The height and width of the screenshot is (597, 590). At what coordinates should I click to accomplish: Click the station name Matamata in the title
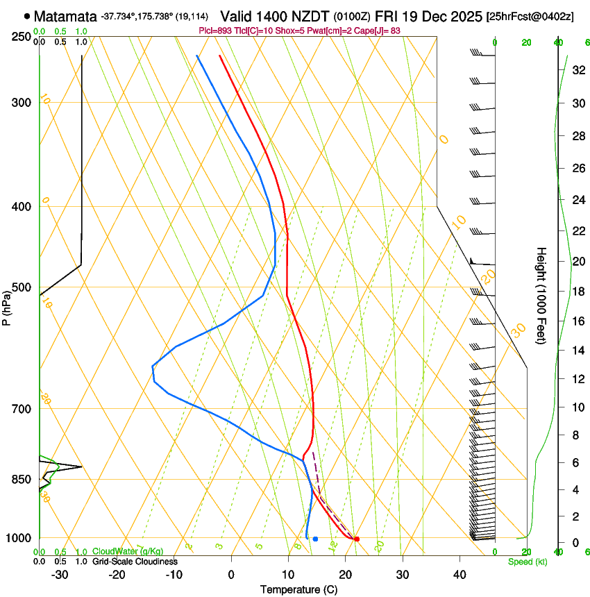[64, 15]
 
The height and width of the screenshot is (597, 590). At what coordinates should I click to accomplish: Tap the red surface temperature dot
[357, 539]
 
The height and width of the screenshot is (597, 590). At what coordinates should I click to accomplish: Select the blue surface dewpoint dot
[315, 539]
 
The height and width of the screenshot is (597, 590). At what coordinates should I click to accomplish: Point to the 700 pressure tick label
[22, 409]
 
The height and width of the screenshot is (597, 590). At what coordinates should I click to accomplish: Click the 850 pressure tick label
[22, 480]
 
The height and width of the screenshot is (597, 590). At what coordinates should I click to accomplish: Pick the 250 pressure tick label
[22, 36]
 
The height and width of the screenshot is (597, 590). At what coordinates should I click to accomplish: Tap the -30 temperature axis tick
[60, 574]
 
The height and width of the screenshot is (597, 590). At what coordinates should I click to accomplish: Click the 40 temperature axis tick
[460, 574]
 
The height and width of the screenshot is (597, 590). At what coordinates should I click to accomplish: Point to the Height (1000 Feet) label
[541, 295]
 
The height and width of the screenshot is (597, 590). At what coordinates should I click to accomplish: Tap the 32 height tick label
[576, 70]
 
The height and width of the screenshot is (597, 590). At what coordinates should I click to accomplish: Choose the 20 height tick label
[576, 261]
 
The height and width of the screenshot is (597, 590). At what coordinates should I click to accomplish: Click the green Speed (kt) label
[527, 562]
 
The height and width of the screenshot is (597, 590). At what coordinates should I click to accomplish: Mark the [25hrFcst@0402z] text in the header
[530, 16]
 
